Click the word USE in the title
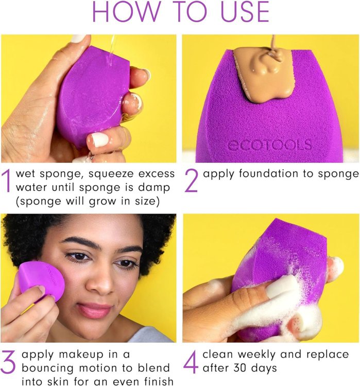(x=245, y=12)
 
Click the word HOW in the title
(x=126, y=12)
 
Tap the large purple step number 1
(x=7, y=181)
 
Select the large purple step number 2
(x=191, y=181)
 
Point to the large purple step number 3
(x=8, y=361)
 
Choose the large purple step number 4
(x=191, y=362)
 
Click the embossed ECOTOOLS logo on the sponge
(x=269, y=145)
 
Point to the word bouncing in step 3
(x=47, y=369)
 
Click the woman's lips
(x=94, y=311)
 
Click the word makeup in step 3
(x=81, y=355)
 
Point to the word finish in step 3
(x=159, y=381)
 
